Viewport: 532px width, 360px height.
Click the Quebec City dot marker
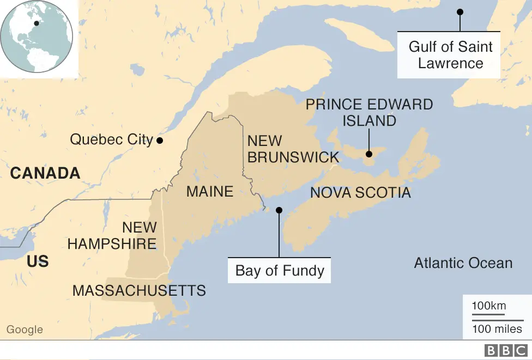click(160, 140)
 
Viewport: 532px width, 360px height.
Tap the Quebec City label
click(111, 139)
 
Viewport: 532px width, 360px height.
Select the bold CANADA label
click(45, 173)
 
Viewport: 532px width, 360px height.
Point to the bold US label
click(38, 261)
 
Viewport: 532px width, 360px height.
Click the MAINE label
click(210, 191)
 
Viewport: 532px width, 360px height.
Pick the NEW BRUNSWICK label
click(293, 149)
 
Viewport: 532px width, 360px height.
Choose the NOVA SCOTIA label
click(360, 192)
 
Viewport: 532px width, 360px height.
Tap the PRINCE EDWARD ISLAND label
click(369, 112)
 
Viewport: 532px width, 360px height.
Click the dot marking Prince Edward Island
click(369, 154)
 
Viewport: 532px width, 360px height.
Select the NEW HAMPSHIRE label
click(112, 235)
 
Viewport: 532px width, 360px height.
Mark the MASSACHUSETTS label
click(139, 290)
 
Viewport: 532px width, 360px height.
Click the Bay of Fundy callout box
click(280, 270)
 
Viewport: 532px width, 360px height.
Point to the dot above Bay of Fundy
click(279, 210)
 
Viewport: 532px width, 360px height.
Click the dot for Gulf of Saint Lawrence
click(460, 11)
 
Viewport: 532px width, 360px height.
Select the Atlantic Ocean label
click(463, 263)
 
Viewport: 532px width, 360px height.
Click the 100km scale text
click(488, 306)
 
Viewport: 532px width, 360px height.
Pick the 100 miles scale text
click(497, 329)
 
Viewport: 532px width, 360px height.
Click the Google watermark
click(25, 330)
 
